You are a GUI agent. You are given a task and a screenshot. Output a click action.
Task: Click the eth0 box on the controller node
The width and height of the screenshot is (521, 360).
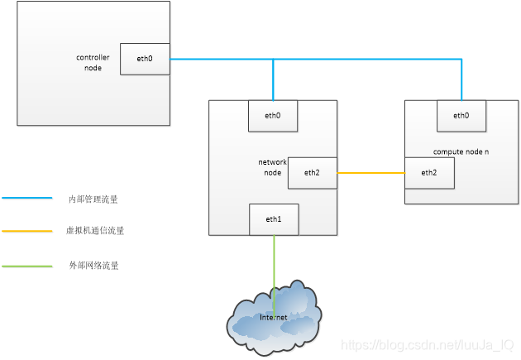pyautogui.click(x=145, y=59)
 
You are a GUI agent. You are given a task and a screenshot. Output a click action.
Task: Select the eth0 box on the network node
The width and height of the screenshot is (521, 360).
pyautogui.click(x=273, y=116)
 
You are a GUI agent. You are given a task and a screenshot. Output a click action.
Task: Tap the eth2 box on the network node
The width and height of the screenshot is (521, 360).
pyautogui.click(x=312, y=173)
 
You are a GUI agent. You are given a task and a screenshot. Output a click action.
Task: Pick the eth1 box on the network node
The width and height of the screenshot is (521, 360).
pyautogui.click(x=273, y=220)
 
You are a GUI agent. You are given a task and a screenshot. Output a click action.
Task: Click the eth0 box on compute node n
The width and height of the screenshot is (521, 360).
pyautogui.click(x=461, y=116)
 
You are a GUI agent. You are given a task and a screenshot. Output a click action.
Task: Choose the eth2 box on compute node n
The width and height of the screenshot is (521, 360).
pyautogui.click(x=428, y=173)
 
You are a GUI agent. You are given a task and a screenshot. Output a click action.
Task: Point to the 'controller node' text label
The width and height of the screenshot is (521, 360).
pyautogui.click(x=93, y=63)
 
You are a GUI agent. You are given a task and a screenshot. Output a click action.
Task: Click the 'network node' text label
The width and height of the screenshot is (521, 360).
pyautogui.click(x=272, y=167)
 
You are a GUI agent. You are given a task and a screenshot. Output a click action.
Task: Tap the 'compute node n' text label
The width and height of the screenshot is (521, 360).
pyautogui.click(x=461, y=152)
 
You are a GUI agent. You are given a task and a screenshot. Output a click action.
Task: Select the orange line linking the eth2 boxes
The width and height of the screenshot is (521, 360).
pyautogui.click(x=370, y=173)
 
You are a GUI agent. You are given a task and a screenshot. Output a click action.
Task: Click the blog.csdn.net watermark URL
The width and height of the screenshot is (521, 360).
pyautogui.click(x=428, y=343)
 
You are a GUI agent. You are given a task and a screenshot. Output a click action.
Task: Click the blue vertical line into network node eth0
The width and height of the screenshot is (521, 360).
pyautogui.click(x=273, y=79)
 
